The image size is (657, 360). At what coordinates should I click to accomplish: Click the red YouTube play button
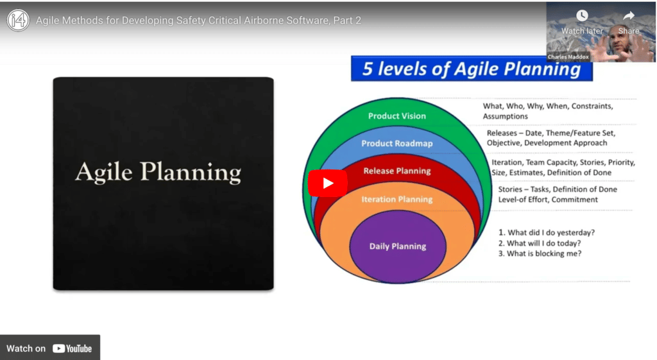point(328,183)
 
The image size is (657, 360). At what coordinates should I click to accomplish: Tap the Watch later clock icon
point(581,16)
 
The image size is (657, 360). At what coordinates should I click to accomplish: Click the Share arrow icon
point(629,16)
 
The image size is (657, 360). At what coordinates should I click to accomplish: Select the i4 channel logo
point(18,20)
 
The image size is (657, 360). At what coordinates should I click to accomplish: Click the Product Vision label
point(397,116)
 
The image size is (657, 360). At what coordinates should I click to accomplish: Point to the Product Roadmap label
point(397,143)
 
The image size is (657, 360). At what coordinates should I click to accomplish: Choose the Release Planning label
point(397,171)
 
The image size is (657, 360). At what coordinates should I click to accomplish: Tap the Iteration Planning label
point(397,200)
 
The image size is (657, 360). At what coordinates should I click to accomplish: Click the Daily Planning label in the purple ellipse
point(398,246)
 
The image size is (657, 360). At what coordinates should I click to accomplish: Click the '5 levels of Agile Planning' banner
point(472,69)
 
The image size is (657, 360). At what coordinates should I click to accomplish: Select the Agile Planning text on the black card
point(158,172)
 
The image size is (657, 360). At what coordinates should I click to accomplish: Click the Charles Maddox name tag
point(568,57)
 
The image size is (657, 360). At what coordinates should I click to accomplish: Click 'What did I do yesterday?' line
point(547,232)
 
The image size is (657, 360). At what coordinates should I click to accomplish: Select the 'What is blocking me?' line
point(540,253)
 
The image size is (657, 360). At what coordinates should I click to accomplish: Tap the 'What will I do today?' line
point(540,243)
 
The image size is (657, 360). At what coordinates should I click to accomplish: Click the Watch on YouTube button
point(50,348)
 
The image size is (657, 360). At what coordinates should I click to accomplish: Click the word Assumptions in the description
point(506,117)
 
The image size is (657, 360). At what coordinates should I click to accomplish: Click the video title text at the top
point(198,21)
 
